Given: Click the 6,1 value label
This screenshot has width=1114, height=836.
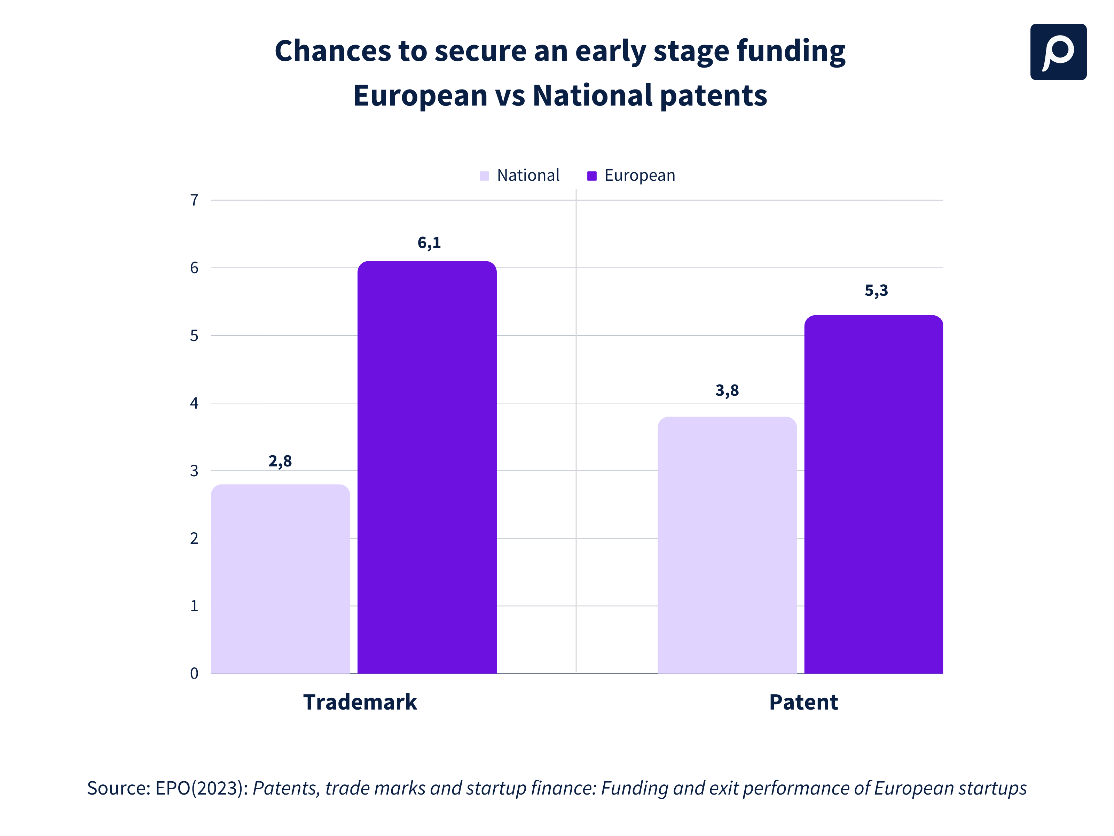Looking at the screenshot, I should coord(429,243).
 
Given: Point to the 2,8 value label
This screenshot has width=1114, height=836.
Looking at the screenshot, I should coord(280,461).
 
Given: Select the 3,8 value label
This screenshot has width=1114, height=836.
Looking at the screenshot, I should coord(727,390).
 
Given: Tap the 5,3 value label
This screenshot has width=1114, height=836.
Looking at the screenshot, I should coord(876,290).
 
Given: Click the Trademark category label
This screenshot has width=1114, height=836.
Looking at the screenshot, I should coord(360,702).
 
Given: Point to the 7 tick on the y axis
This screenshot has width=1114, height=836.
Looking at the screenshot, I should coord(194,201).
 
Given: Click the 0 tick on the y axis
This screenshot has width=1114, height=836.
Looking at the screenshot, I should coord(194,673).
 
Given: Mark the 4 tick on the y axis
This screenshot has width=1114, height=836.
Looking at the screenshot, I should coord(194,403).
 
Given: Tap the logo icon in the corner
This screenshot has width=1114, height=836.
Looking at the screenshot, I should coord(1058,52).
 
